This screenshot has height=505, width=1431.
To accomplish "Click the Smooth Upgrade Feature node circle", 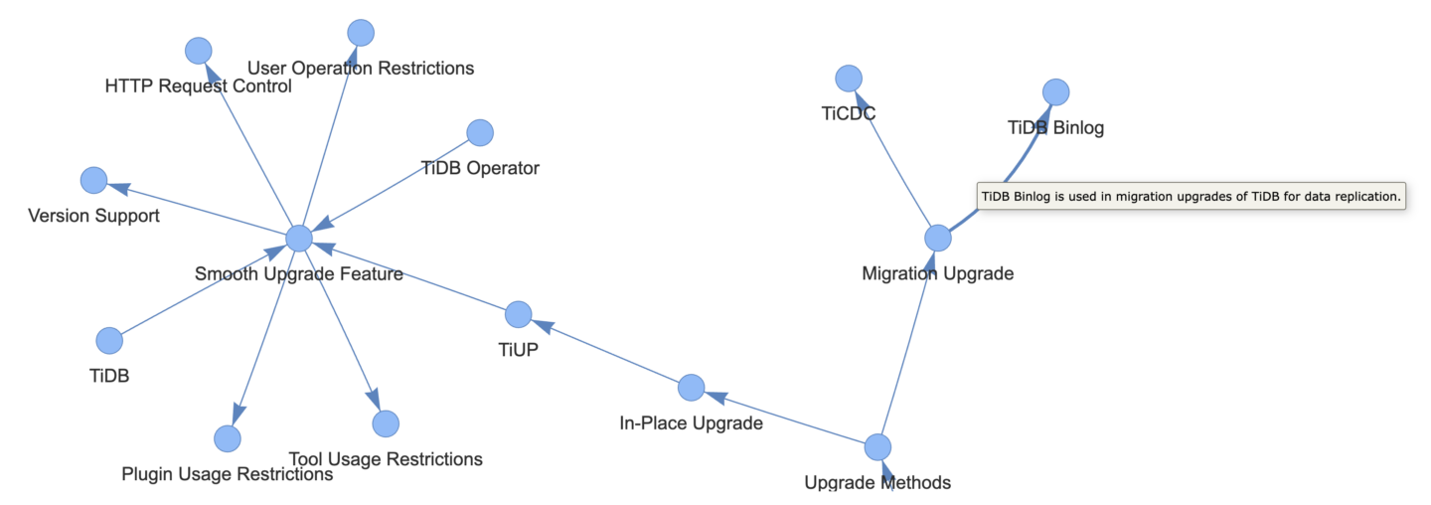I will click(299, 239).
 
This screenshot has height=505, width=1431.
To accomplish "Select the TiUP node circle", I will click(518, 314).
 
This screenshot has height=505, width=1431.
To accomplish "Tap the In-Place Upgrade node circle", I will click(692, 388).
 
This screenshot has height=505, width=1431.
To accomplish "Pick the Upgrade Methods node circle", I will click(877, 447).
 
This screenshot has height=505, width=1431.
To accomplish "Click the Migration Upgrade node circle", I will click(938, 238).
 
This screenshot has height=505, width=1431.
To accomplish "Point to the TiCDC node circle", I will click(849, 78).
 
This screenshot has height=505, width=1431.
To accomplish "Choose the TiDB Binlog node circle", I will click(1055, 91).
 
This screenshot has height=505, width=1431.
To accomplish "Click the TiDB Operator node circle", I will click(480, 132).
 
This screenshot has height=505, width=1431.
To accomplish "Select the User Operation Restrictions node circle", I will click(361, 32).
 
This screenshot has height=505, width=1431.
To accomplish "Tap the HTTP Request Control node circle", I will click(199, 50).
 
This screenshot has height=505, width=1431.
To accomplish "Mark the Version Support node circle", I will click(93, 180).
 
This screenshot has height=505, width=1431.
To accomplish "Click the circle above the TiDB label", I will click(109, 340).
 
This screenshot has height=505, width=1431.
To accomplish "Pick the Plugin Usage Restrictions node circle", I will click(228, 437).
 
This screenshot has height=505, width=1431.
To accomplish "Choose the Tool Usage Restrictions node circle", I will click(386, 423).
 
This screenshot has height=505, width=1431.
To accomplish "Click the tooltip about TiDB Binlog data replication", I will click(1191, 197).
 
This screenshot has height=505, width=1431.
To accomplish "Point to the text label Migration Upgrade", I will click(938, 273).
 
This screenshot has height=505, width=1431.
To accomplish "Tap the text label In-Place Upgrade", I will click(691, 423).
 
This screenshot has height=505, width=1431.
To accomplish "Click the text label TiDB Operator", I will click(480, 168).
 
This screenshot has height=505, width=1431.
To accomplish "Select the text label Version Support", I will click(93, 216).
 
